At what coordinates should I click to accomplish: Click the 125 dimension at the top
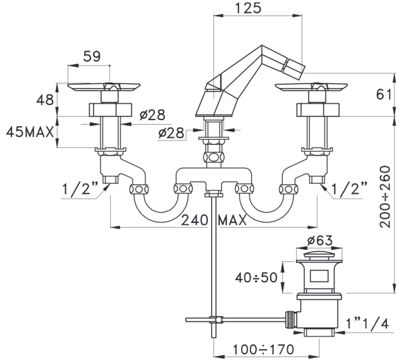(x=248, y=8)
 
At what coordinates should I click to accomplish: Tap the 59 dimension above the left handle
(x=92, y=56)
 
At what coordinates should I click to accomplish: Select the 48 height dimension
(x=45, y=100)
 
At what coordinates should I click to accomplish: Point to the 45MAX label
(x=30, y=132)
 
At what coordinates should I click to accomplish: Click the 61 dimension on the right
(x=384, y=94)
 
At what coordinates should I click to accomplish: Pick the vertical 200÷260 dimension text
(x=385, y=197)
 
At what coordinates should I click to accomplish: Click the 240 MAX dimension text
(x=214, y=220)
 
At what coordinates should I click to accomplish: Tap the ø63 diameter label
(x=320, y=241)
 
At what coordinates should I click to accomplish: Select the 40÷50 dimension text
(x=256, y=278)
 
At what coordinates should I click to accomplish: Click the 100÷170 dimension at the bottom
(x=263, y=350)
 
